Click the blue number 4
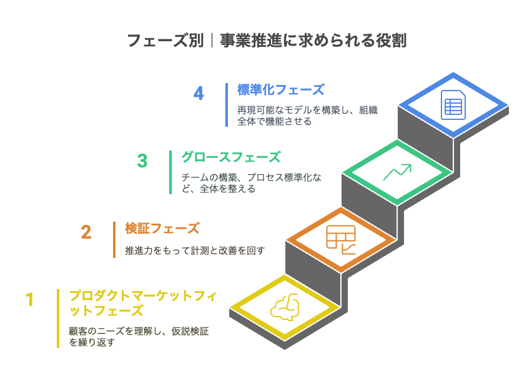tap(199, 93)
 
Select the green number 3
tap(142, 161)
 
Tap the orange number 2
tap(86, 232)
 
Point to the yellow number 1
tap(30, 300)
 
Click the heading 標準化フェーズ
tap(280, 90)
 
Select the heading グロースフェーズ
tap(231, 157)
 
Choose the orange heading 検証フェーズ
tap(162, 229)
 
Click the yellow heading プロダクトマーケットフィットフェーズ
tap(143, 304)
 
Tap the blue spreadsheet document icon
tap(453, 105)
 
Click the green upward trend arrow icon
tap(397, 172)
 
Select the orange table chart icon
tap(341, 240)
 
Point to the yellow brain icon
tap(285, 307)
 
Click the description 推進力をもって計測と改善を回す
tap(195, 251)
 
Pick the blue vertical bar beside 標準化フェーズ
tap(227, 105)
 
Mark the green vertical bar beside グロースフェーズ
tap(170, 172)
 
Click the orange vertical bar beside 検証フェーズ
tap(114, 240)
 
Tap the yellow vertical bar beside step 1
tap(58, 319)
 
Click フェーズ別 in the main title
tap(165, 41)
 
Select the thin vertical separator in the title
tap(212, 41)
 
